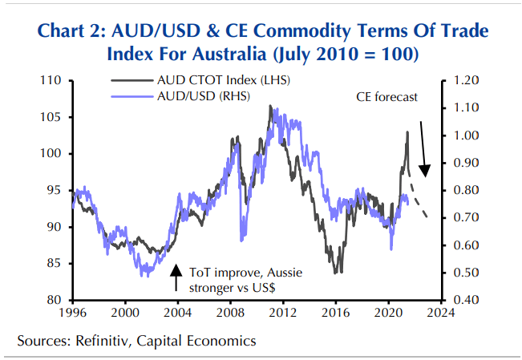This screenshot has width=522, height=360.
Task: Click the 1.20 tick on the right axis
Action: coord(466,81)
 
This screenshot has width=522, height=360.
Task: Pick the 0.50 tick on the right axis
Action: coord(466,273)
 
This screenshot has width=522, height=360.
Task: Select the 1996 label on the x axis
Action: coord(73,312)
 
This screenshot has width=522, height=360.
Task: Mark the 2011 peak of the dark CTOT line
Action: coord(270,106)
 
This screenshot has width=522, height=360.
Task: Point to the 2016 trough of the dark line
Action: coord(341,272)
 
